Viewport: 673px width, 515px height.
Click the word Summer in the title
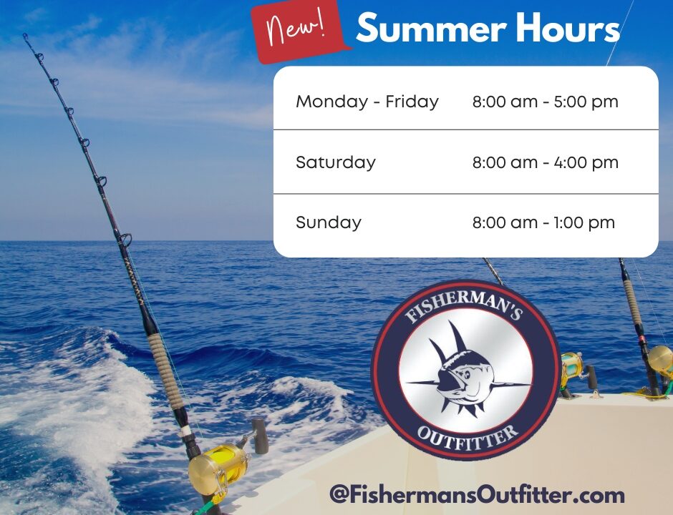pos(431,29)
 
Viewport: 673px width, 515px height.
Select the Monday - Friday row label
pos(367,102)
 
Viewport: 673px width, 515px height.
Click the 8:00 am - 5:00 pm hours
pos(545,102)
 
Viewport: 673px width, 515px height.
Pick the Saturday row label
pos(336,162)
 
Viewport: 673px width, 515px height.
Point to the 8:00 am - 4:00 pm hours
pos(545,162)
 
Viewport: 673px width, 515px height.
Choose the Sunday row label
pos(329,222)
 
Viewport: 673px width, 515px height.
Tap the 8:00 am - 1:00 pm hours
pos(543,222)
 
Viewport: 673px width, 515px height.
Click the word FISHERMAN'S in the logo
pos(463,305)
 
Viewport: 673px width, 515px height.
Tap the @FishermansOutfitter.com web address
pos(477,494)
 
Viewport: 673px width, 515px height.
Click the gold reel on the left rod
pos(219,467)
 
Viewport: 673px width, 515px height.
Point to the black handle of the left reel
pos(260,436)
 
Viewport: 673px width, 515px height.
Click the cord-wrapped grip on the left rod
pos(165,371)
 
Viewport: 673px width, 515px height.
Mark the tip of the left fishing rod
pos(25,35)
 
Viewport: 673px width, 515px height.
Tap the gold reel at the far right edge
pos(661,361)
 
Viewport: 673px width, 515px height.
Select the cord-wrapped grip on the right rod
pos(632,302)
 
